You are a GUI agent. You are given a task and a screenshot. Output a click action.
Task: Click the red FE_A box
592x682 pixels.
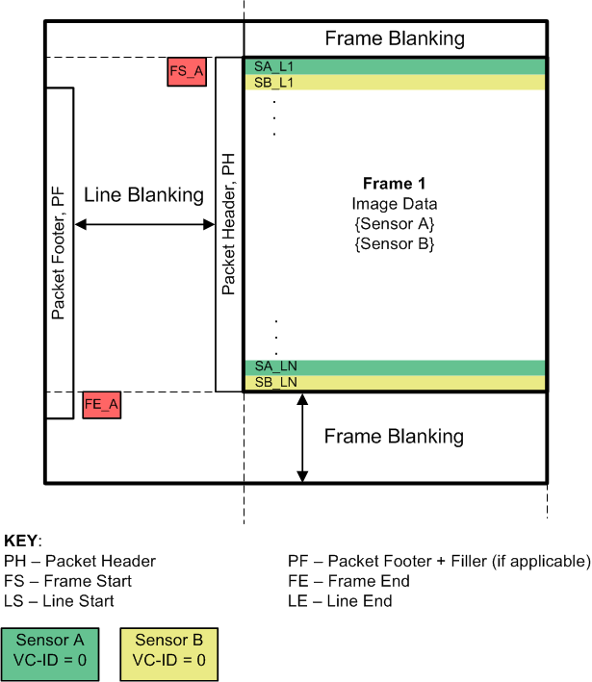pyautogui.click(x=102, y=405)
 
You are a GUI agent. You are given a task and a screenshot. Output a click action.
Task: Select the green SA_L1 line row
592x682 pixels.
pyautogui.click(x=395, y=65)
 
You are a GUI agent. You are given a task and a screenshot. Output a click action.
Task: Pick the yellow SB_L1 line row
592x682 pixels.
pyautogui.click(x=395, y=82)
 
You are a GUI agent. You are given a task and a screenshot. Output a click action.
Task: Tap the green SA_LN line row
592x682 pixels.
pyautogui.click(x=395, y=366)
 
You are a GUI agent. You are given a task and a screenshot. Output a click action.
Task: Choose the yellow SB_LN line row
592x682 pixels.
pyautogui.click(x=395, y=383)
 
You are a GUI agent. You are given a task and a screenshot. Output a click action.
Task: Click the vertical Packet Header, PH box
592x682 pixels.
pyautogui.click(x=228, y=224)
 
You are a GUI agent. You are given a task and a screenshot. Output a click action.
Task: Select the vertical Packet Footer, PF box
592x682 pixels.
pyautogui.click(x=59, y=253)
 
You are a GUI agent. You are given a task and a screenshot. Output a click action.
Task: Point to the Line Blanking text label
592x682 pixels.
pyautogui.click(x=143, y=195)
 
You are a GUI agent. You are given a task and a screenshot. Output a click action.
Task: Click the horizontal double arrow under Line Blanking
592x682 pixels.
pyautogui.click(x=143, y=224)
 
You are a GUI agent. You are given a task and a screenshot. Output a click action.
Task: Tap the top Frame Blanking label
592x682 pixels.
pyautogui.click(x=395, y=39)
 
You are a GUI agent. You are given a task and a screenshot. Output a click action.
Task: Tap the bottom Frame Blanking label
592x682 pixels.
pyautogui.click(x=394, y=437)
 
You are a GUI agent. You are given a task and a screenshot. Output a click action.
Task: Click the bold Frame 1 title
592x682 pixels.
pyautogui.click(x=394, y=184)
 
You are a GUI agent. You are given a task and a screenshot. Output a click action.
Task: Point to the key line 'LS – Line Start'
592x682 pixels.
pyautogui.click(x=59, y=601)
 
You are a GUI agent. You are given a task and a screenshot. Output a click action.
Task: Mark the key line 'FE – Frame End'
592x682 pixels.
pyautogui.click(x=348, y=581)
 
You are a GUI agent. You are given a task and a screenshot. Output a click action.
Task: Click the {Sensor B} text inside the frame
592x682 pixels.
pyautogui.click(x=394, y=243)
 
